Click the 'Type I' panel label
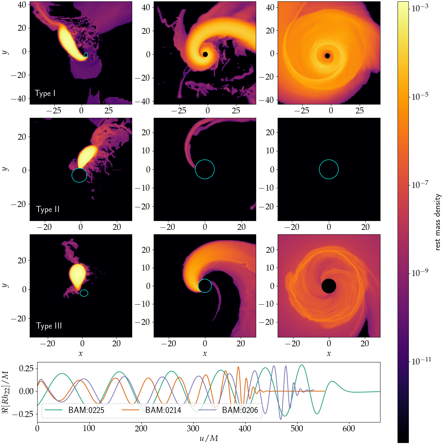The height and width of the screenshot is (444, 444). [x=45, y=93]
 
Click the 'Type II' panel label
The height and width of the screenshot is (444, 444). [x=48, y=209]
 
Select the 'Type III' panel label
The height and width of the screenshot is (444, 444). [x=49, y=326]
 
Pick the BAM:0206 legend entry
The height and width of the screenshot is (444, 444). [x=240, y=410]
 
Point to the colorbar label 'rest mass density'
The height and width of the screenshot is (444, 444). [x=438, y=222]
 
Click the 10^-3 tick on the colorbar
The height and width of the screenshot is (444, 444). [x=420, y=9]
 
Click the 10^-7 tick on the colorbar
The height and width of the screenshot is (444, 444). [x=420, y=185]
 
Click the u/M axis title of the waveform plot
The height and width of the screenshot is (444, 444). [x=208, y=438]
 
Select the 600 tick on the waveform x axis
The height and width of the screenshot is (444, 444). [x=349, y=428]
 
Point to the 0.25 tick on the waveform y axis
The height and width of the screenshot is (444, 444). [x=26, y=368]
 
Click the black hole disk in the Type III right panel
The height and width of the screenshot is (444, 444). [x=329, y=286]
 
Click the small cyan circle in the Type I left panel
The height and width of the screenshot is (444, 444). [x=86, y=55]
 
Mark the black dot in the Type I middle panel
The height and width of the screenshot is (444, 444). [x=205, y=54]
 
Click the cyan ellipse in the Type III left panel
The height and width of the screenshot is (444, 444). [x=84, y=293]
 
